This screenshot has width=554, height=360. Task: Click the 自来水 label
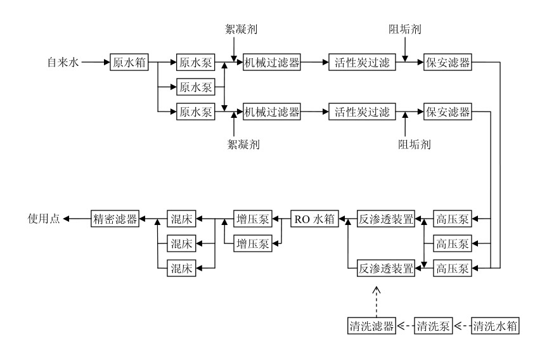coord(62,63)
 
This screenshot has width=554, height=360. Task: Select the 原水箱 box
coord(128,63)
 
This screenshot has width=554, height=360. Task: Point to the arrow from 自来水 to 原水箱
coord(95,63)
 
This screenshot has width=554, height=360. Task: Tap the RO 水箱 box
coord(314,219)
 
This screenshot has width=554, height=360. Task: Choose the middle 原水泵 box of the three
coord(195,86)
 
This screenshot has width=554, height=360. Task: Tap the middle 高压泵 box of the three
coord(452,243)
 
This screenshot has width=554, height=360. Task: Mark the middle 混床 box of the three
coord(181,243)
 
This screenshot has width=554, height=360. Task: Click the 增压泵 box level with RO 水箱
coord(252,219)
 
